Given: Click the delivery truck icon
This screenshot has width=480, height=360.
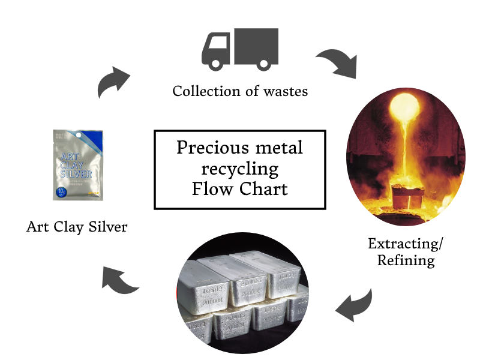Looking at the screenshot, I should (x=239, y=49).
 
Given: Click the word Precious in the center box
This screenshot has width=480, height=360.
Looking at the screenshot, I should (x=210, y=148).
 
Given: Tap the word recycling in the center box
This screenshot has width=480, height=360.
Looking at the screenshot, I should (x=240, y=168).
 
